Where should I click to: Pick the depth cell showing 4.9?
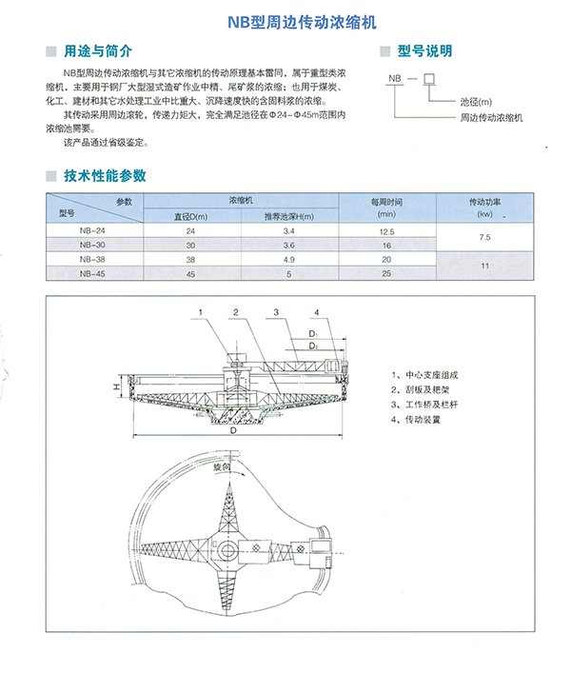coord(290,260)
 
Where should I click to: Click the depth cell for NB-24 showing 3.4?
coord(290,231)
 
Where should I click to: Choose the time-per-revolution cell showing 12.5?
coord(386,231)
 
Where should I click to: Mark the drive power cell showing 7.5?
coord(484,238)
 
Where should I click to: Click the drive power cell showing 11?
coord(484,267)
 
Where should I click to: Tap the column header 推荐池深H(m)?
coord(290,217)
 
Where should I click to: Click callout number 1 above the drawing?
coord(201,312)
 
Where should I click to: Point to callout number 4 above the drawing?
coord(317,312)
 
